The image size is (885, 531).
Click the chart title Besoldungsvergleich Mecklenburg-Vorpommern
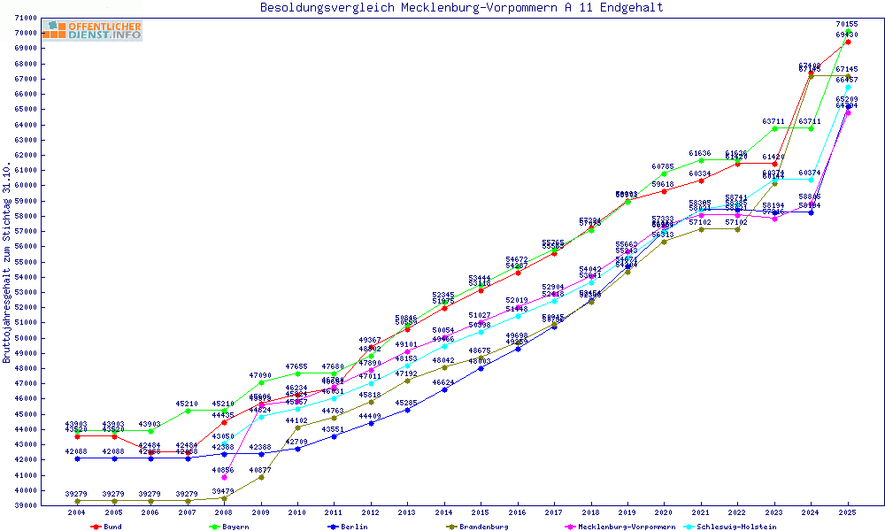[x=461, y=8]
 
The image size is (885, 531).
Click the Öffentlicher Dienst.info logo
[x=94, y=31]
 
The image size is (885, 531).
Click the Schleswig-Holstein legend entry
[x=734, y=527]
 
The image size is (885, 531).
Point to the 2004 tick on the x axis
[x=77, y=512]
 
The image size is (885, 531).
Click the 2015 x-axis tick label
[x=481, y=512]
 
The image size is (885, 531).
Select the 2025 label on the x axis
[x=848, y=512]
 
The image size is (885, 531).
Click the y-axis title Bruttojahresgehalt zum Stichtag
[x=7, y=263]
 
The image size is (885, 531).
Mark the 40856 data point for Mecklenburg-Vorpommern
[x=224, y=477]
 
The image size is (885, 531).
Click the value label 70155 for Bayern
[x=847, y=25]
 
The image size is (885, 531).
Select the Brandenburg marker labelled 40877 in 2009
[x=261, y=477]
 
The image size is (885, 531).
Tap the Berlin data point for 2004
[x=77, y=458]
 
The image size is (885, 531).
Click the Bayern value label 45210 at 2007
[x=187, y=404]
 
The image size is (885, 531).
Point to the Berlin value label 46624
[x=443, y=382]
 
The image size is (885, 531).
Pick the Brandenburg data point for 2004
[x=77, y=501]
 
